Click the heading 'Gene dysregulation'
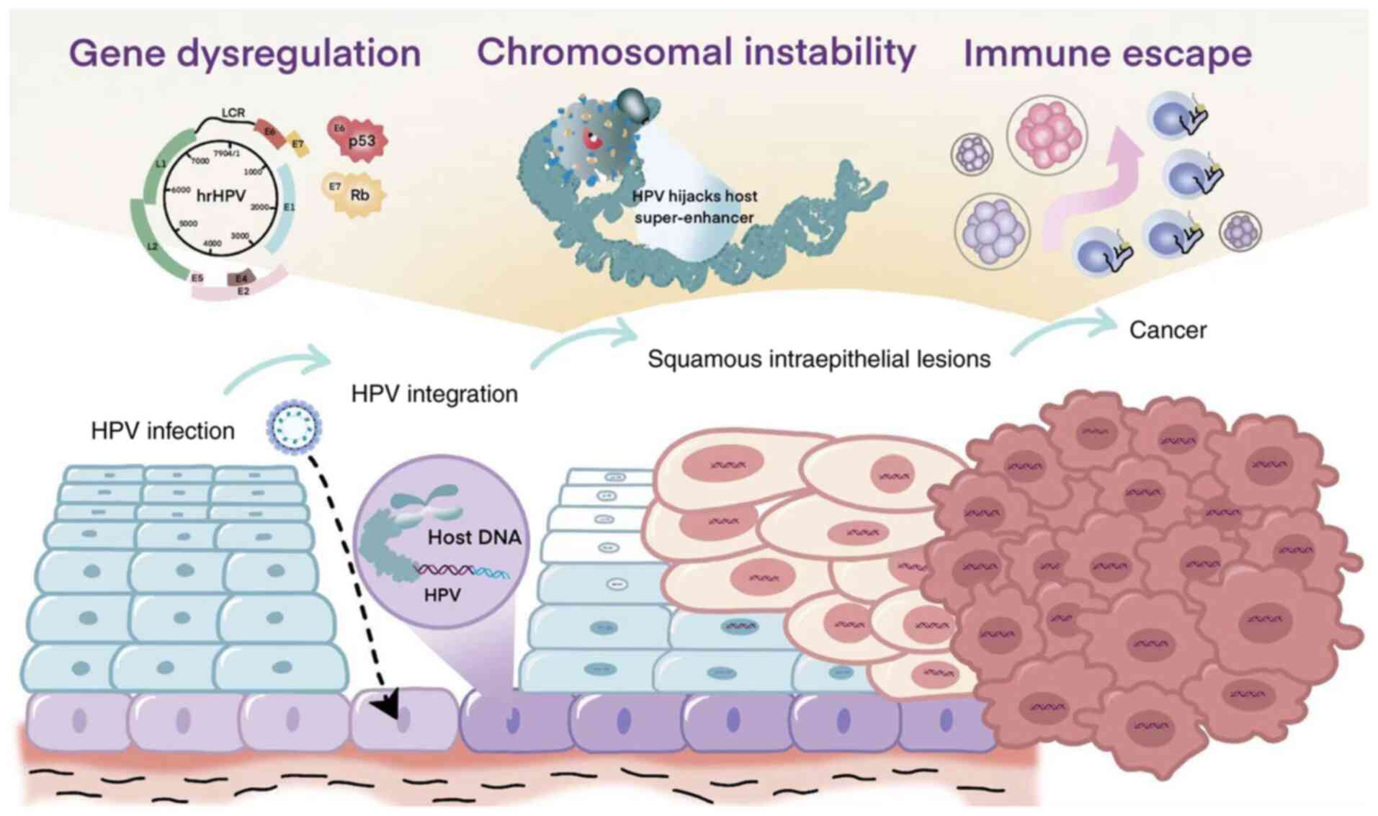245,54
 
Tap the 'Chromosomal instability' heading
696,53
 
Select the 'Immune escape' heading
1107,54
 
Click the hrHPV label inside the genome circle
220,196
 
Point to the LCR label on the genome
233,113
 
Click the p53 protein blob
361,140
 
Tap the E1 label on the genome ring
289,207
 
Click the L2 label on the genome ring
152,246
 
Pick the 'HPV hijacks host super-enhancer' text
694,207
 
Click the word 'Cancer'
1167,331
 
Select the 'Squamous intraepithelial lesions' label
818,359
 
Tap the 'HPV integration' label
434,394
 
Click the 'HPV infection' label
163,431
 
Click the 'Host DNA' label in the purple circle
474,537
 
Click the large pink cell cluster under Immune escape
1047,135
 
